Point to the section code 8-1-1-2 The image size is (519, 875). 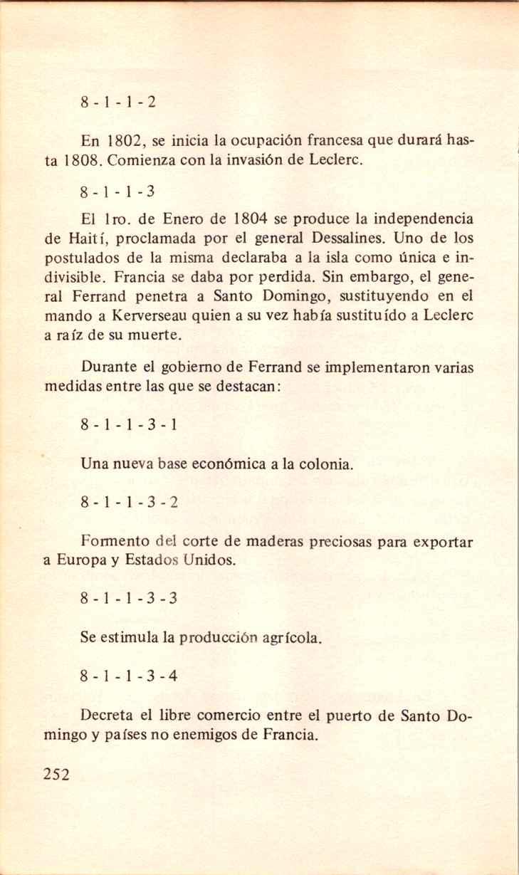pyautogui.click(x=118, y=101)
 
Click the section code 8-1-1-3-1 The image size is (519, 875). pyautogui.click(x=129, y=426)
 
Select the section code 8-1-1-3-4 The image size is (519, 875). pyautogui.click(x=129, y=676)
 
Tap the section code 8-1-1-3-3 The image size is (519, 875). pyautogui.click(x=129, y=598)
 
